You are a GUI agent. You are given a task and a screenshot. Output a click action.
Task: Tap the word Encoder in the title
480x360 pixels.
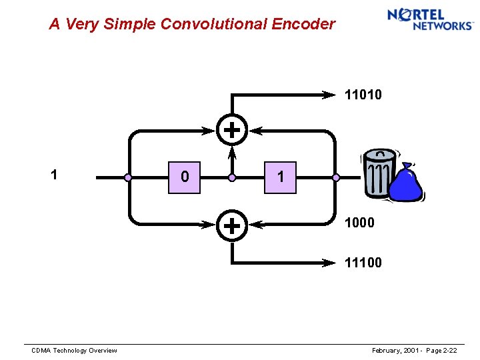click(x=303, y=25)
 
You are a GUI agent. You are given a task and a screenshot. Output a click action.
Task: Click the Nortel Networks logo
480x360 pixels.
click(x=429, y=19)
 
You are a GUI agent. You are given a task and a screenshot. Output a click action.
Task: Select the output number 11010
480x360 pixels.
click(x=363, y=95)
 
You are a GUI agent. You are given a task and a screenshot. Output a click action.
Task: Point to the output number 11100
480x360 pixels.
click(x=363, y=263)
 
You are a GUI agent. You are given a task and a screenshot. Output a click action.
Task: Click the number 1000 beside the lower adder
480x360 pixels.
click(x=359, y=223)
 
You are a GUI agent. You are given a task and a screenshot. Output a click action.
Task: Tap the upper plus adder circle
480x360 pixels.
click(x=231, y=129)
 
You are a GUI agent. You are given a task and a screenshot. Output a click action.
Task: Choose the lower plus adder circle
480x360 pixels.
click(x=231, y=225)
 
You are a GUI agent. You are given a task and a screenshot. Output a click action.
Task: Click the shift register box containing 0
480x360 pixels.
click(x=184, y=177)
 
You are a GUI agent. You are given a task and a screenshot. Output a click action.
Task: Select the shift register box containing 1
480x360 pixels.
click(x=280, y=177)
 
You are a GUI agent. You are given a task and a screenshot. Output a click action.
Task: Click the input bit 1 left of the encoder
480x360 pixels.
click(x=54, y=175)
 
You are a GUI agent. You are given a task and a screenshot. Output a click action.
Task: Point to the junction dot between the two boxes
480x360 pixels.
click(x=232, y=178)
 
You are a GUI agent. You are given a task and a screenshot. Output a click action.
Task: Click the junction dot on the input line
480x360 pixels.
click(x=128, y=178)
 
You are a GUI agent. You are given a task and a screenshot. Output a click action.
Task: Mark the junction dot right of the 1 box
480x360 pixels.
click(x=336, y=178)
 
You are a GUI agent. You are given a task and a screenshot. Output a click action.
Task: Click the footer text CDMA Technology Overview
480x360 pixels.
click(x=75, y=351)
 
